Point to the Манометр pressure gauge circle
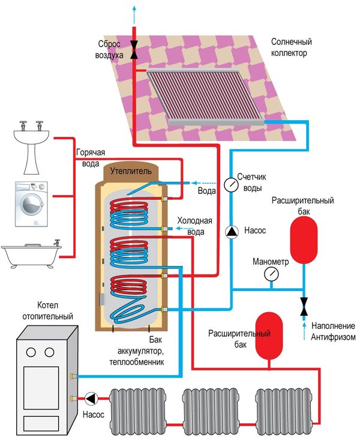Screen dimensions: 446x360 pyautogui.click(x=271, y=274)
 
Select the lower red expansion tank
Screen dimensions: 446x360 pyautogui.click(x=268, y=334)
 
